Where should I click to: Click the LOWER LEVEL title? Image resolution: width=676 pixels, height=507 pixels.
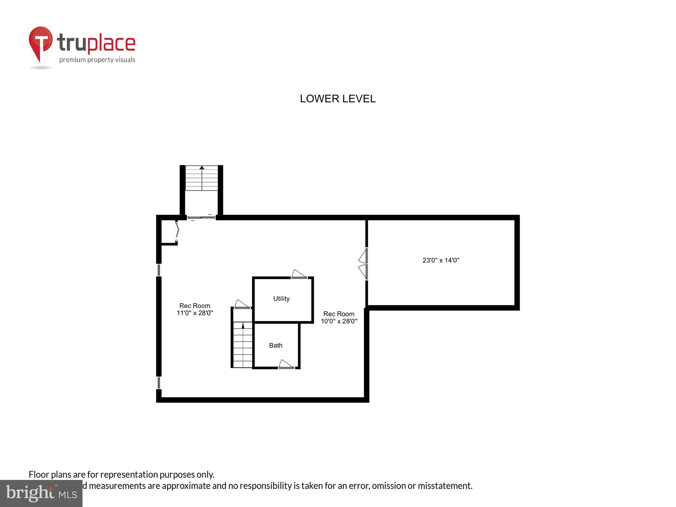click(337, 99)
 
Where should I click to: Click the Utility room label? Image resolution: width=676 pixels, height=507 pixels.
click(281, 299)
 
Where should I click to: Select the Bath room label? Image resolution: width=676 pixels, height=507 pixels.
click(276, 346)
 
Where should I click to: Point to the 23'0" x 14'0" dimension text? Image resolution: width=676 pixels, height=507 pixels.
click(441, 260)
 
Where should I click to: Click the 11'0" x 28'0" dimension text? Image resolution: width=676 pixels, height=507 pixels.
click(195, 313)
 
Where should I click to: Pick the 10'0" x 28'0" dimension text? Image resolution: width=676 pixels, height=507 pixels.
click(339, 321)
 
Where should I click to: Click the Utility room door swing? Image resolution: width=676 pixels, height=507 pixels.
click(299, 274)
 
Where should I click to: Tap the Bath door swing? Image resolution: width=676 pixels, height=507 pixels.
click(286, 364)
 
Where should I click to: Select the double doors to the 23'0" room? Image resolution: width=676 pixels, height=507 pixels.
click(363, 264)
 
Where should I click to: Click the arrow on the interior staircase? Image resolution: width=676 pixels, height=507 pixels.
click(243, 326)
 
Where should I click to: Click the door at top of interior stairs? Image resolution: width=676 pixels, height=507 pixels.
click(242, 304)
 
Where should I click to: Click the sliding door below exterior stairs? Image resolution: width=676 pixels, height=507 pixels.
click(201, 218)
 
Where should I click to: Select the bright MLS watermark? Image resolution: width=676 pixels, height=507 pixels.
click(41, 493)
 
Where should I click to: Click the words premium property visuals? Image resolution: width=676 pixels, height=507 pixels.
click(97, 60)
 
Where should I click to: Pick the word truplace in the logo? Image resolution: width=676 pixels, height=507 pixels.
click(96, 43)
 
